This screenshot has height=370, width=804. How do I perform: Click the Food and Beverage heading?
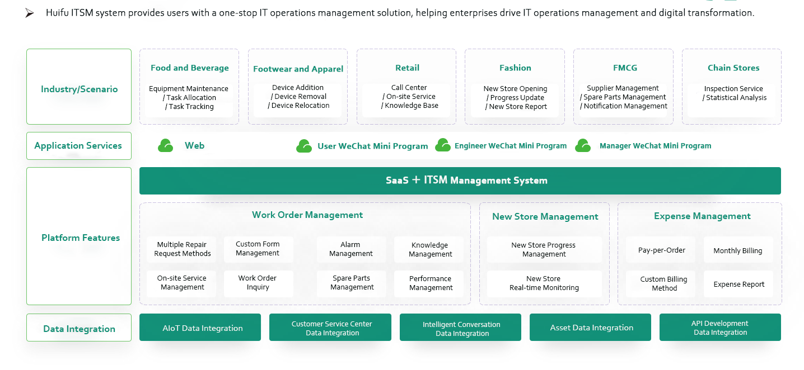189,68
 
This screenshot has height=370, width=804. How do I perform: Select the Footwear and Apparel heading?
298,69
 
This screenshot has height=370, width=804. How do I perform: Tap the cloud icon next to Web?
166,146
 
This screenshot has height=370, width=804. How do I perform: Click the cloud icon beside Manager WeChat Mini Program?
583,146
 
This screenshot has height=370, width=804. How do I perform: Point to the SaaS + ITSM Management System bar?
460,181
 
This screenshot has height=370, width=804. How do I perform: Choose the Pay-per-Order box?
661,250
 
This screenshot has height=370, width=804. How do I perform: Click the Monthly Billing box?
737,250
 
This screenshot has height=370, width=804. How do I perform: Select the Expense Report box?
738,284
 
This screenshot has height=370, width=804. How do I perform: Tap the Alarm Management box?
351,249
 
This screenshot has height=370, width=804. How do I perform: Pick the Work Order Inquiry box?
258,283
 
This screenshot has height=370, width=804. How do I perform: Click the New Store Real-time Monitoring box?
544,283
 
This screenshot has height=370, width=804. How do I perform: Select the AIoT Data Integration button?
200,328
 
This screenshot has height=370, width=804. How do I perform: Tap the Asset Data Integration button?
590,328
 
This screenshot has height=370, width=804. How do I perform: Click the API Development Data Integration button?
720,328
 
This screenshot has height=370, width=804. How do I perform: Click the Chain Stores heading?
733,68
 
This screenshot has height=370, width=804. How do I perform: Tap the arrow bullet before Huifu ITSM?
30,13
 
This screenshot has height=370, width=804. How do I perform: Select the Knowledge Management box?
430,249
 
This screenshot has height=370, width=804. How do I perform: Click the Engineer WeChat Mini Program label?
510,146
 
